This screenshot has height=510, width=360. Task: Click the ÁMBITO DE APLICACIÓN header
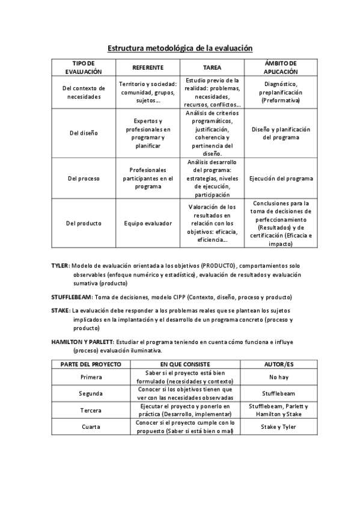point(281,67)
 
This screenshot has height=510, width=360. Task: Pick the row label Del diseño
point(84,133)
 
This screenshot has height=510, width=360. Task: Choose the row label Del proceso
point(84,178)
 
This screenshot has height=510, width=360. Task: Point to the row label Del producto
point(84,223)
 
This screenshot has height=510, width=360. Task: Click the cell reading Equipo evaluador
point(148,223)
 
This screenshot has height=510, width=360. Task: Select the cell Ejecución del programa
point(281,178)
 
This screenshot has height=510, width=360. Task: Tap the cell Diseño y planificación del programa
point(281,133)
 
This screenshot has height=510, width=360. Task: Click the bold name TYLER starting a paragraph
point(59,266)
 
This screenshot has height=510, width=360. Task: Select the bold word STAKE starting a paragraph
point(60,310)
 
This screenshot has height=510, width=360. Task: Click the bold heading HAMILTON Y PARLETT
point(82,341)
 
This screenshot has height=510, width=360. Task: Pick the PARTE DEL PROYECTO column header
point(91,364)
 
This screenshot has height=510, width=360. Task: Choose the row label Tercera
point(91,410)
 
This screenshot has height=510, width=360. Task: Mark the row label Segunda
point(91,393)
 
